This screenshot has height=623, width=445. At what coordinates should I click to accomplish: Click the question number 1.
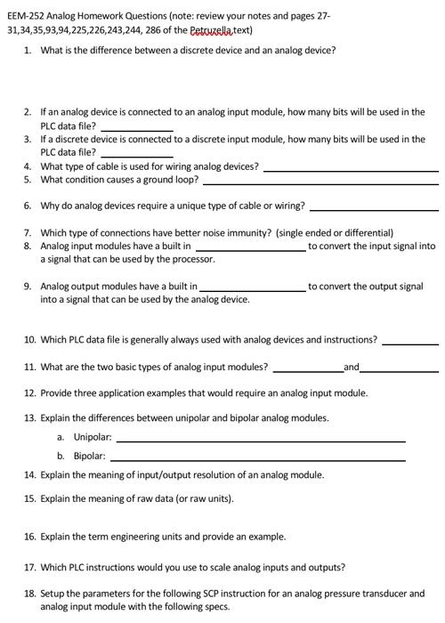click(28, 50)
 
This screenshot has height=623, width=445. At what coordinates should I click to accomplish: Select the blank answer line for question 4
click(351, 169)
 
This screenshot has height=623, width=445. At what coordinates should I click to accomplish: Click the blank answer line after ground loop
click(320, 182)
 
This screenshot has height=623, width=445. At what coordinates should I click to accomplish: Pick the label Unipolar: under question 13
click(93, 437)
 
